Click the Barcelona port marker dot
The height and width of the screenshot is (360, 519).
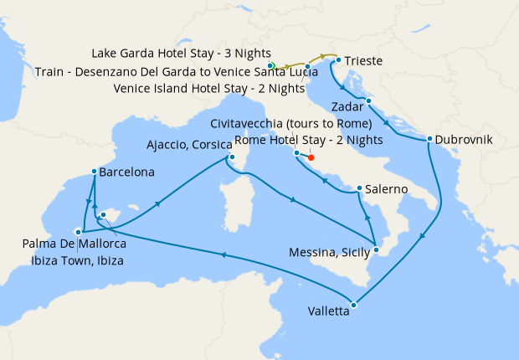(x=94, y=172)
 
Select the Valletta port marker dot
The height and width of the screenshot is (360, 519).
(x=354, y=305)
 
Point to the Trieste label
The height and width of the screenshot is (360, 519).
(x=365, y=61)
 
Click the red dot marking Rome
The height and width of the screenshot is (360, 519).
(x=311, y=157)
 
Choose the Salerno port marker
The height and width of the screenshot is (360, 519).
(x=359, y=188)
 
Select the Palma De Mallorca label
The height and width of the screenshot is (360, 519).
(x=75, y=244)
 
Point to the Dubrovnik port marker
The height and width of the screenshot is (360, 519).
(x=429, y=139)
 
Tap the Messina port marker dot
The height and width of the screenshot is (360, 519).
(x=377, y=249)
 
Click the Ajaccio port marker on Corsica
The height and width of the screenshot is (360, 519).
(x=232, y=156)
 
